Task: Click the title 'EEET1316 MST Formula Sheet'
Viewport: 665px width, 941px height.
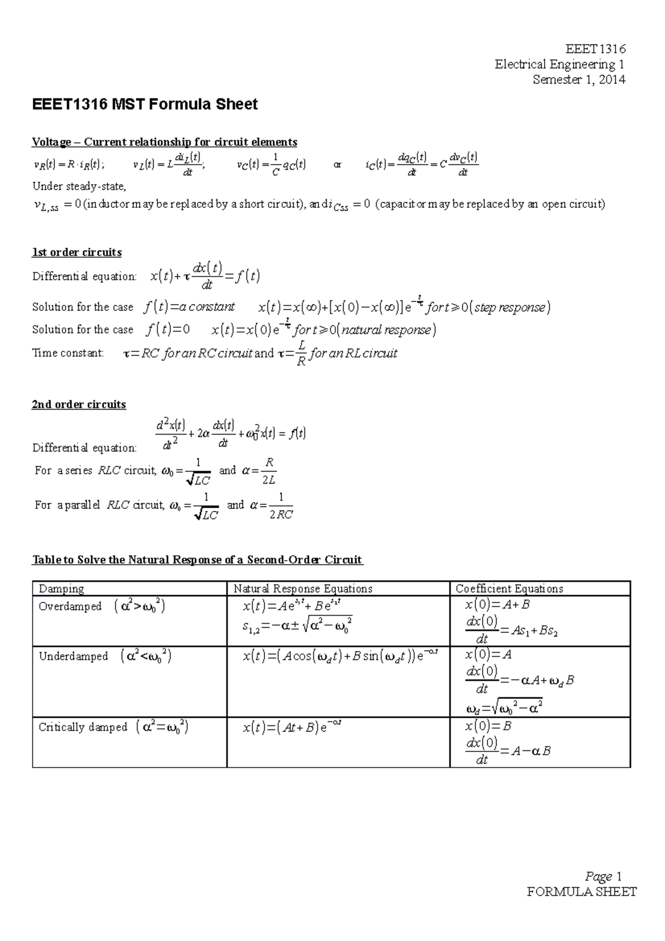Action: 145,104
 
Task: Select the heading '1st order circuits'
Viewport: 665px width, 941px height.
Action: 77,252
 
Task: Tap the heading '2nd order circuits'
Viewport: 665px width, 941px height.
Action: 79,405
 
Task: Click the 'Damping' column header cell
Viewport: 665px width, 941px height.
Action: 62,589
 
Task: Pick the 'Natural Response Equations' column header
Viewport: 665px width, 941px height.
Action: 303,589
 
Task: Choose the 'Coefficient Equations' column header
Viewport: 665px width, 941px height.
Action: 509,589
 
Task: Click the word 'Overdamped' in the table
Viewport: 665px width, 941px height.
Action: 70,606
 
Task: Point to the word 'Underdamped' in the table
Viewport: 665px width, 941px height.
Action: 73,657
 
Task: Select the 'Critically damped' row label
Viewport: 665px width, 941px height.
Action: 83,727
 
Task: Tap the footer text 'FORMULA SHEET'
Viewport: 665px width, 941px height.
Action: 582,892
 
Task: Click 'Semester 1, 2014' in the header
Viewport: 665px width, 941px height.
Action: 579,80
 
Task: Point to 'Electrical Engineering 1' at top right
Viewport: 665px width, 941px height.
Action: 560,64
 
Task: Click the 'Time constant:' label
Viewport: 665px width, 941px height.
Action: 68,353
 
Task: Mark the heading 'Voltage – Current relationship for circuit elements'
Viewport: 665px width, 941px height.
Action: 165,142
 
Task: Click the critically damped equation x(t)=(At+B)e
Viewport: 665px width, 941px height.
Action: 291,727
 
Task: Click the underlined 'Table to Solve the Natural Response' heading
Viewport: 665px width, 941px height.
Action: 197,560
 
